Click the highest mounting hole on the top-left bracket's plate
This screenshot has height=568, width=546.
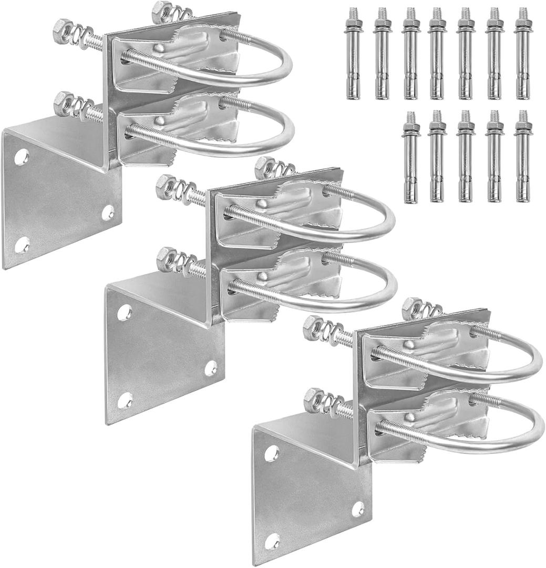[x=22, y=157]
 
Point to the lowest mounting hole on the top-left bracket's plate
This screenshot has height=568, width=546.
[x=22, y=245]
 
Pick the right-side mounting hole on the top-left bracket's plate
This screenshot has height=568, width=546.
[x=108, y=212]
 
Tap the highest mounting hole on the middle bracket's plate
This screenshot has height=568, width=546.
[x=125, y=312]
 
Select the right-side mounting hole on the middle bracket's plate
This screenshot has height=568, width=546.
[x=211, y=368]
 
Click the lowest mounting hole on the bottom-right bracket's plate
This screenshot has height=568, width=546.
[x=272, y=542]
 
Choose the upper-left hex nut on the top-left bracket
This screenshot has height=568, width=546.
[x=63, y=31]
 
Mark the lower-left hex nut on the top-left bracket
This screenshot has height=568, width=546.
[x=64, y=104]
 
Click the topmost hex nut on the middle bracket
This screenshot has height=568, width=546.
[x=264, y=169]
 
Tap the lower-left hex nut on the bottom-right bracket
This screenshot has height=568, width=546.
[x=314, y=401]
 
